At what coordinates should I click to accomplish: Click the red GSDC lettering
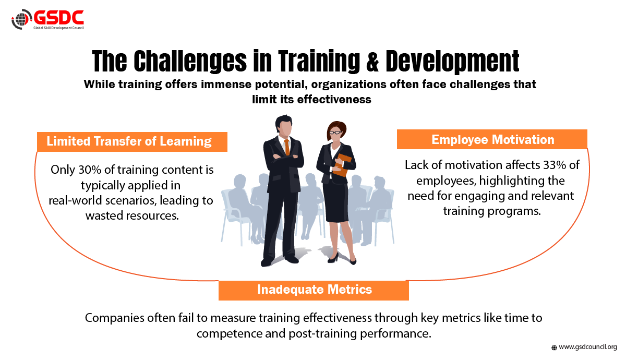click(58, 18)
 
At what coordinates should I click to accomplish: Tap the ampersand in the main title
click(372, 61)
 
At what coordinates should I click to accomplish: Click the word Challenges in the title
click(190, 62)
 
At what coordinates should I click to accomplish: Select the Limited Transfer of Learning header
click(132, 142)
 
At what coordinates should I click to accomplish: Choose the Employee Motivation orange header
click(492, 139)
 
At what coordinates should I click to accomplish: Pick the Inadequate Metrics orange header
click(314, 290)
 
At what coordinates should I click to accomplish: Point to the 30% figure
click(90, 170)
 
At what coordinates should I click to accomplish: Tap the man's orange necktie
click(287, 147)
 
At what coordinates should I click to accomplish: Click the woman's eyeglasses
click(335, 132)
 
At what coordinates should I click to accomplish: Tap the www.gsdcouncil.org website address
click(588, 347)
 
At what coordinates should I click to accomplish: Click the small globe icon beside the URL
click(554, 347)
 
